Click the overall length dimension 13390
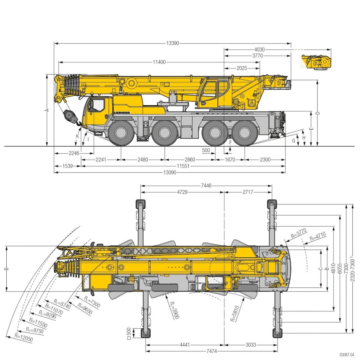(x=173, y=43)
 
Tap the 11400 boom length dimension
(x=159, y=62)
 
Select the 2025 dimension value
(x=242, y=68)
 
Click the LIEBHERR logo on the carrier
(x=122, y=113)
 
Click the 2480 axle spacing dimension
(x=143, y=159)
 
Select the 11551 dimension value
(x=183, y=166)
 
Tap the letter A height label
(x=47, y=110)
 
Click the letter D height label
(x=318, y=113)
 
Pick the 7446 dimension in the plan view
(x=206, y=186)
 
